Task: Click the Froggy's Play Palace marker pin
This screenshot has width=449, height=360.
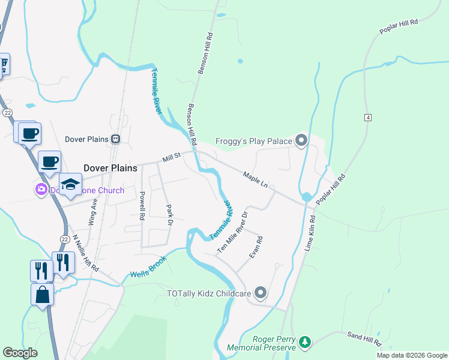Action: pyautogui.click(x=301, y=141)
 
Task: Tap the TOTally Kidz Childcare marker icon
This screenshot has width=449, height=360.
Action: pyautogui.click(x=260, y=293)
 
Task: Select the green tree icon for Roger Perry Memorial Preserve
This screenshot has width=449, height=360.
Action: pyautogui.click(x=306, y=342)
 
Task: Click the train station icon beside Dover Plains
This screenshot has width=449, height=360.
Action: pyautogui.click(x=116, y=139)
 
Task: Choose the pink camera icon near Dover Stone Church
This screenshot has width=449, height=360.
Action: pyautogui.click(x=41, y=190)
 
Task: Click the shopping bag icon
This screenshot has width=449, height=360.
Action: pyautogui.click(x=42, y=295)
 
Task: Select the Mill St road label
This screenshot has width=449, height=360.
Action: pyautogui.click(x=171, y=158)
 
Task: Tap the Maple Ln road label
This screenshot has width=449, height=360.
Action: pyautogui.click(x=255, y=179)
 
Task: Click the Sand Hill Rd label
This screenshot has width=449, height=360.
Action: pyautogui.click(x=364, y=338)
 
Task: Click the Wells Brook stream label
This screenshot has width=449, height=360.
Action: pyautogui.click(x=148, y=271)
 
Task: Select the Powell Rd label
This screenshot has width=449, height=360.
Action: pyautogui.click(x=142, y=206)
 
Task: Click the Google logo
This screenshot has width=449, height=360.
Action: pyautogui.click(x=20, y=353)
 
